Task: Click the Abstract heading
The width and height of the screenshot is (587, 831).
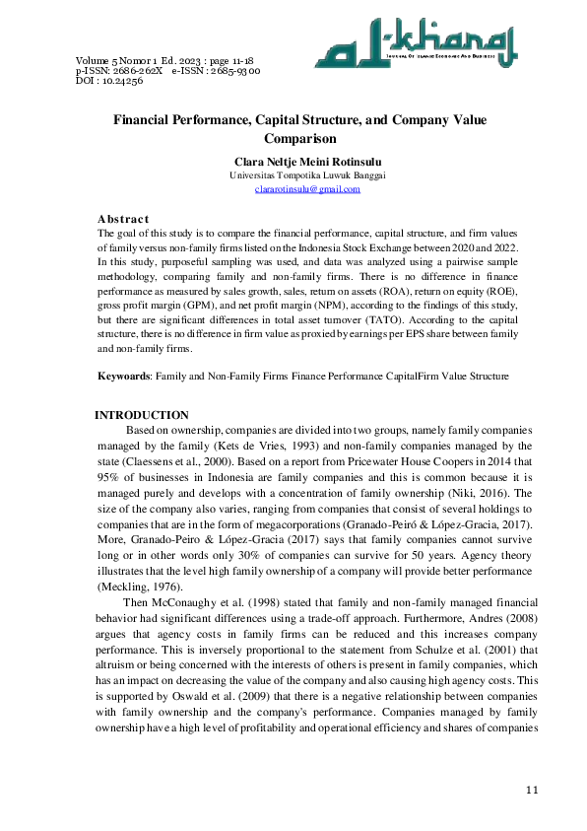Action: [x=123, y=218]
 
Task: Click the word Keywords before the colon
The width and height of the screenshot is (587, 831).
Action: [x=125, y=377]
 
